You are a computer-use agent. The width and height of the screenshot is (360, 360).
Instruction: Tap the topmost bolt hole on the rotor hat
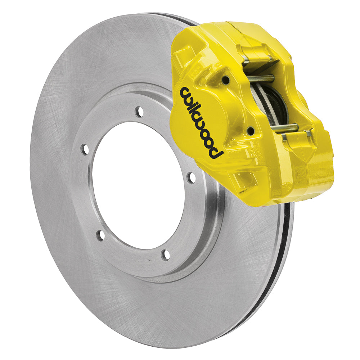coord(139,112)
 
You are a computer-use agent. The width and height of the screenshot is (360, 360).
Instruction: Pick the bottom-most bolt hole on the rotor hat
coord(165,255)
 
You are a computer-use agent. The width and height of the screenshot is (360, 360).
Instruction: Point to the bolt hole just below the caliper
coord(191,177)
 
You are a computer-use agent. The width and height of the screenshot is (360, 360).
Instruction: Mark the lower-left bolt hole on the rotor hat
coord(101,235)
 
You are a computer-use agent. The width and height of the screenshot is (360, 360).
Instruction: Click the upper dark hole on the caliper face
coord(225,79)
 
